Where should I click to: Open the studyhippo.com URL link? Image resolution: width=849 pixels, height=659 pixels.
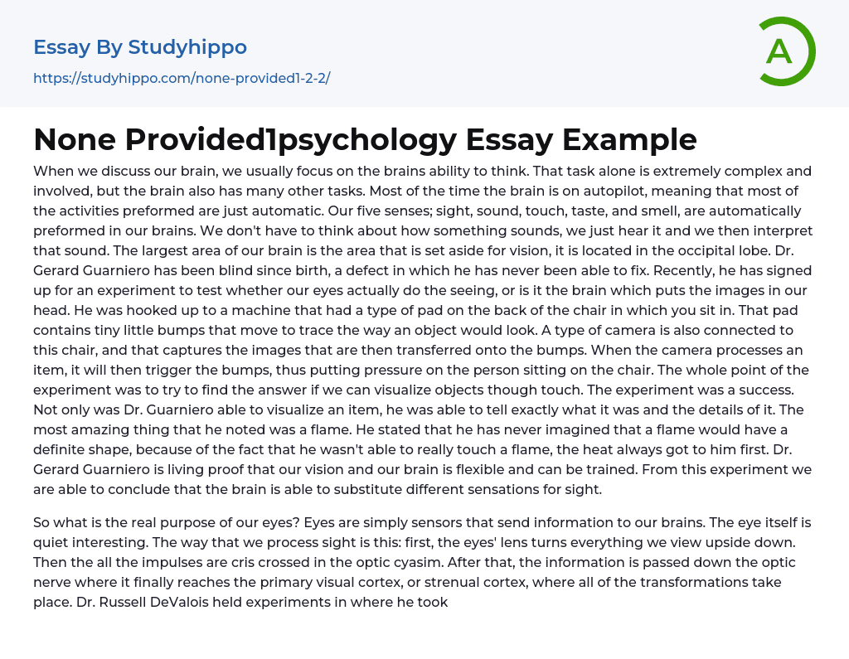pos(182,79)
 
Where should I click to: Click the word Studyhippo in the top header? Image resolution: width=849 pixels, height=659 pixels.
pos(187,47)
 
